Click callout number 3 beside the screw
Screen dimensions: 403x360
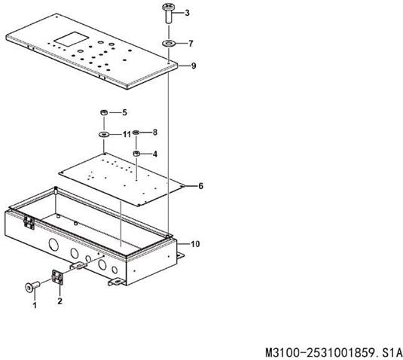pos(187,13)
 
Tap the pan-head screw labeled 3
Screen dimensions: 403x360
pos(168,14)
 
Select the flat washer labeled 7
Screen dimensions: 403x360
pos(168,43)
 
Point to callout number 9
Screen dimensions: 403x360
pos(194,66)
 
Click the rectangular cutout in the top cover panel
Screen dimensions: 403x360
pos(72,39)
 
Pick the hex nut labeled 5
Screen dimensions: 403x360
pos(104,112)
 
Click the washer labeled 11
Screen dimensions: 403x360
pos(104,134)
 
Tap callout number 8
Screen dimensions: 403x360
pos(154,133)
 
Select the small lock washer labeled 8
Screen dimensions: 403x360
pos(136,133)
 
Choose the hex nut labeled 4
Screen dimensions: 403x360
pos(136,154)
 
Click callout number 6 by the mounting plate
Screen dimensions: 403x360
pos(200,186)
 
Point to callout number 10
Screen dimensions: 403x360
pos(195,244)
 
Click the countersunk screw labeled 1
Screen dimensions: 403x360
pos(32,286)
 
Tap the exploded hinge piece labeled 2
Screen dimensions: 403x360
pos(57,277)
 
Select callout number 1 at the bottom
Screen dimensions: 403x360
pos(35,305)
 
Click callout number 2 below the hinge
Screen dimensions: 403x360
pos(60,301)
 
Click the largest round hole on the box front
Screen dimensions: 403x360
pos(53,243)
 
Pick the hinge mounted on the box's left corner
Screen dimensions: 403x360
pos(29,222)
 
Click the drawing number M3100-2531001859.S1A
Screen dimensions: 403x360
pos(334,352)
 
